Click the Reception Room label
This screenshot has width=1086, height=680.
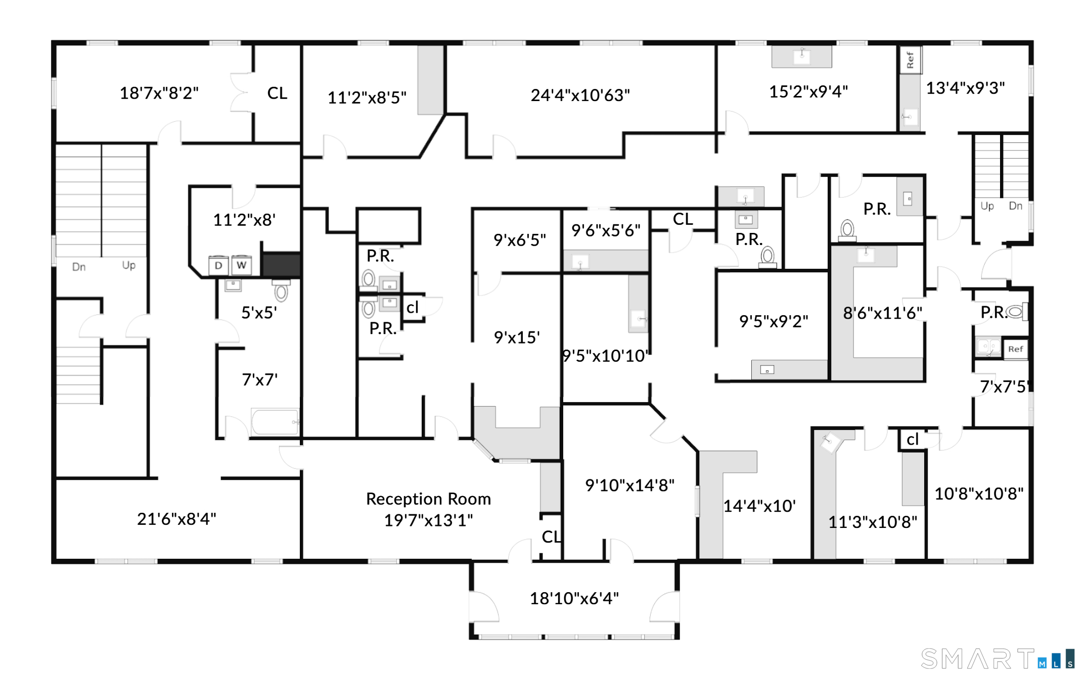point(428,499)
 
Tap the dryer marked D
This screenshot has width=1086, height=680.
point(218,265)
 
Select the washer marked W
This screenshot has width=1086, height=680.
point(242,265)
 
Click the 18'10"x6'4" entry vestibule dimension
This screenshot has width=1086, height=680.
point(574,598)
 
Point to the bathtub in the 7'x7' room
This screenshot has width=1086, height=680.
point(275,422)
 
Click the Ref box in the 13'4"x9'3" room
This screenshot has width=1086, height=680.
point(910,60)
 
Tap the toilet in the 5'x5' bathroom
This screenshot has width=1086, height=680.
point(281,289)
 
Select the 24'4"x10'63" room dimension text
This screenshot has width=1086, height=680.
point(580,95)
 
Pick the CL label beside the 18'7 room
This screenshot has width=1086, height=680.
point(277,93)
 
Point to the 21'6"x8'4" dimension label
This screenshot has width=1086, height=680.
point(176,519)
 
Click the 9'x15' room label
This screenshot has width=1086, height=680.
point(517,337)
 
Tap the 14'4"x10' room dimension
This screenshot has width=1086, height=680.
point(759,506)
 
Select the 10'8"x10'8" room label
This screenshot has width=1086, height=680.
point(979,494)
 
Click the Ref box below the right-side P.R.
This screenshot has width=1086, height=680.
point(1015,349)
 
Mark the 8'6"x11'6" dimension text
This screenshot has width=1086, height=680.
point(883,313)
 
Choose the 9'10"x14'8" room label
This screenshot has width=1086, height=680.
point(629,485)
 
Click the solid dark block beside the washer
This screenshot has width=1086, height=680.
point(281,264)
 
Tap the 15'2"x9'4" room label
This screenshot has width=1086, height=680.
point(808,91)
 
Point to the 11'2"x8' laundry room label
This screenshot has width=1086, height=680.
point(244,220)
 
